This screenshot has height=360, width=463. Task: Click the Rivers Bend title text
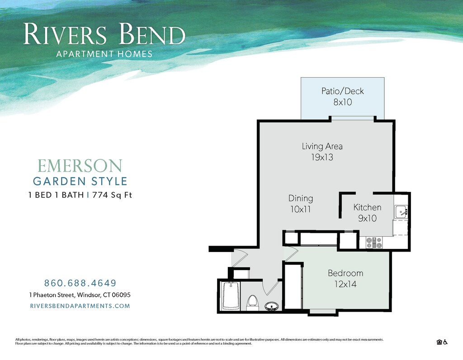tap(104, 35)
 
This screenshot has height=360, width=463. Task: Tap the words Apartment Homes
tap(104, 54)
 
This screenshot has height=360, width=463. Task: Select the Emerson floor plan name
tap(80, 166)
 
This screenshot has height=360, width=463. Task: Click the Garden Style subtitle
tap(80, 182)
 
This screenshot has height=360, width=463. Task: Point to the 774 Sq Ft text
tap(112, 196)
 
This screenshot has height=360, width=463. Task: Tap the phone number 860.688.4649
tap(80, 283)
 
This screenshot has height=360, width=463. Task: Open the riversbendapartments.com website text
tap(80, 306)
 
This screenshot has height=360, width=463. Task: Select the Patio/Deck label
tap(342, 91)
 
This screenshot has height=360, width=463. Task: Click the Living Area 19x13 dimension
tap(322, 158)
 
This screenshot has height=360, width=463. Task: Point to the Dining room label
tap(301, 198)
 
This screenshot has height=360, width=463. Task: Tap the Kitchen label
tap(367, 207)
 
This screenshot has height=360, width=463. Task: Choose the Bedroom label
tap(345, 273)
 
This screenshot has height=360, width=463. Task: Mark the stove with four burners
tap(374, 243)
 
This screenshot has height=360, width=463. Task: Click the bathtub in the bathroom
tap(231, 295)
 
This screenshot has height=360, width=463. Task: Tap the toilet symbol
tap(252, 303)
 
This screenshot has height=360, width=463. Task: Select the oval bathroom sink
tap(271, 307)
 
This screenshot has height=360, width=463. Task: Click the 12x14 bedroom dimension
tap(345, 285)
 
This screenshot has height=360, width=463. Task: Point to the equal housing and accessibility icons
tap(442, 342)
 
